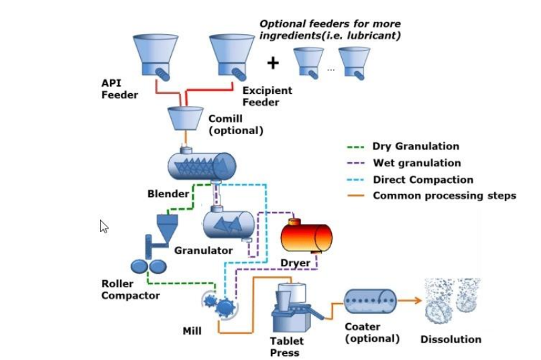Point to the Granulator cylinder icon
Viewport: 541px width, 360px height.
(229, 223)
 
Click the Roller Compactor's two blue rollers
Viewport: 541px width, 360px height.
(147, 266)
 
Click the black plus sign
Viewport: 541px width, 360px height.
(273, 63)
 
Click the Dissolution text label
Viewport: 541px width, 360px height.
(450, 339)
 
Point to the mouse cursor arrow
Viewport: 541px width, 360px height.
(104, 226)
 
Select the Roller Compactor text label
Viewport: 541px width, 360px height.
(131, 290)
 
